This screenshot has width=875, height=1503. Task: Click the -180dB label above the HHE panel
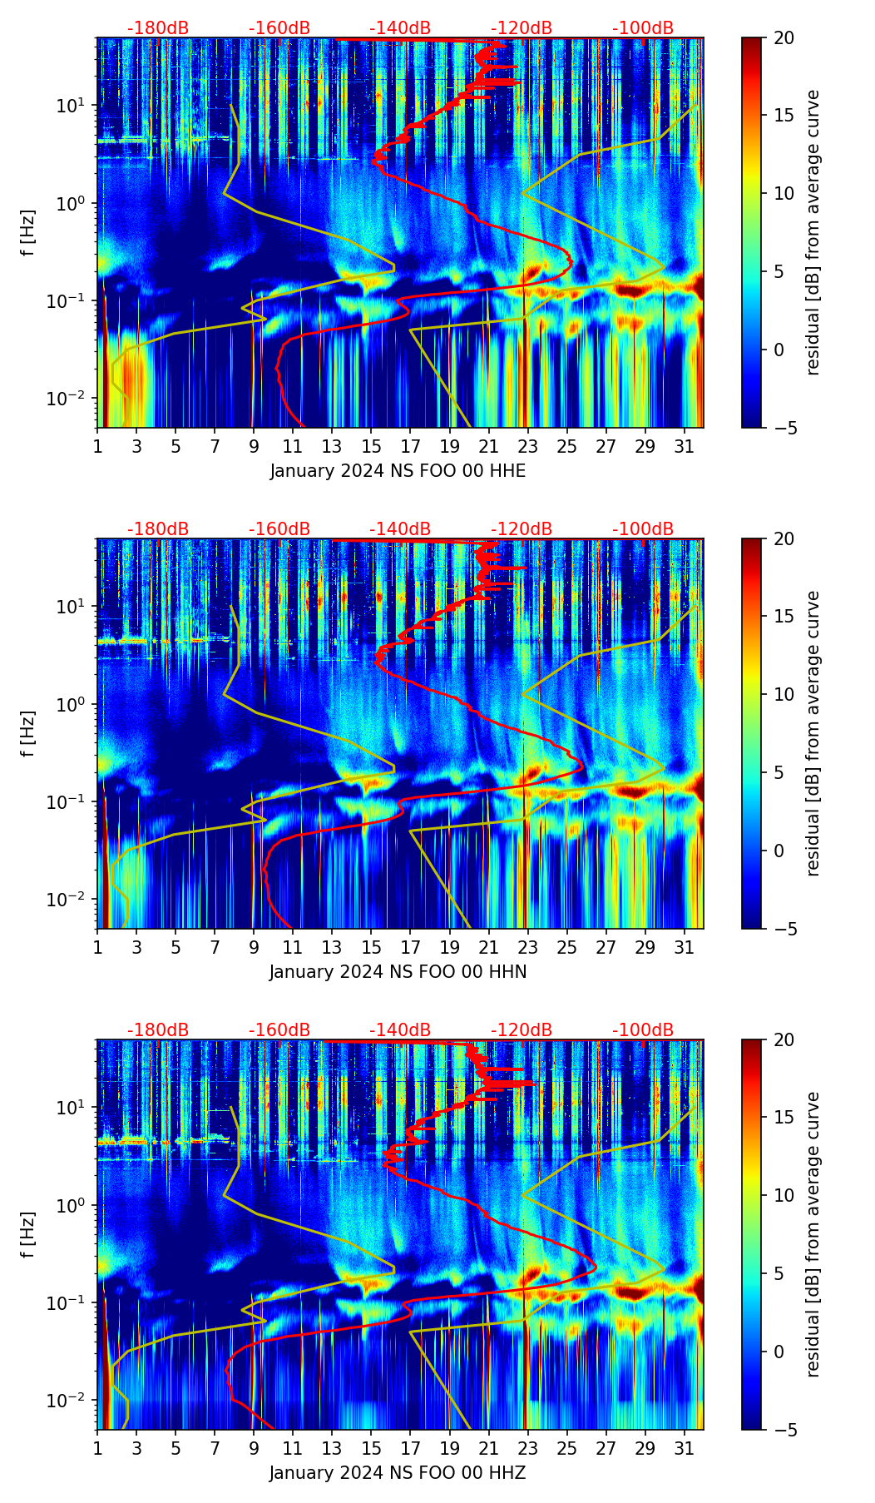[158, 28]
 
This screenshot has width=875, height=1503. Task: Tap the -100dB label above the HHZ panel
[643, 1030]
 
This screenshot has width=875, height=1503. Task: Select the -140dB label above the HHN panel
[400, 529]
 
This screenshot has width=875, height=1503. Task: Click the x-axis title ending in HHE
[398, 471]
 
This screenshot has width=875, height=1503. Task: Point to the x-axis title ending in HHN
[398, 972]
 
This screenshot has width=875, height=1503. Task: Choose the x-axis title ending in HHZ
[398, 1473]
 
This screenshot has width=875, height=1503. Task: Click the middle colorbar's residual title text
[813, 733]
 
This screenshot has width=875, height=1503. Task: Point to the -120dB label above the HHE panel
[522, 28]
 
